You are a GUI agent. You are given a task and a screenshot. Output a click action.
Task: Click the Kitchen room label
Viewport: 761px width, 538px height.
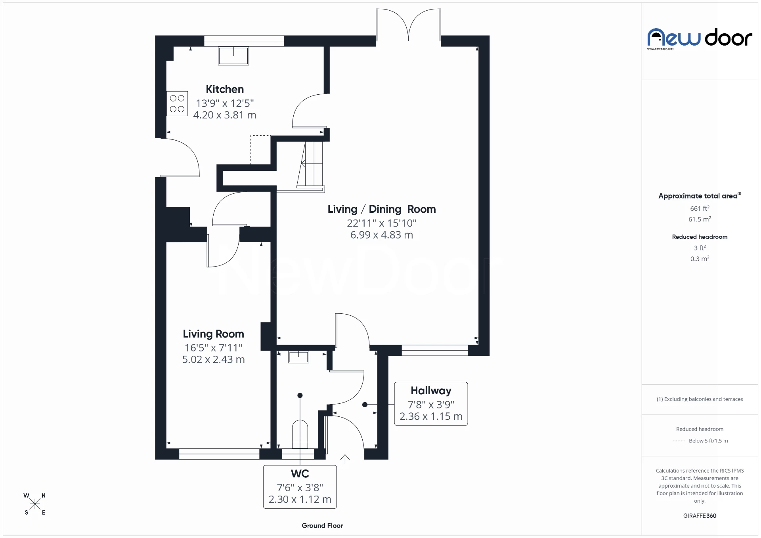(224, 89)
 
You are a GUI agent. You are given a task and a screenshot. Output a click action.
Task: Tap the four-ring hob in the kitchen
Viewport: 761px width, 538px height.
(177, 104)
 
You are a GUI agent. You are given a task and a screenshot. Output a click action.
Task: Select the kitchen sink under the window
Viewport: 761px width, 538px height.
(233, 56)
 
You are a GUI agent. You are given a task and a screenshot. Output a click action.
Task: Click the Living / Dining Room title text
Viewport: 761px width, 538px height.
(381, 209)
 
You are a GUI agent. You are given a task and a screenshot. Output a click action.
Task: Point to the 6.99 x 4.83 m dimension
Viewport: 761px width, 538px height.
(381, 235)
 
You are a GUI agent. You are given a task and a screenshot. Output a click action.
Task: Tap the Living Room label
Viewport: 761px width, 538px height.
(213, 334)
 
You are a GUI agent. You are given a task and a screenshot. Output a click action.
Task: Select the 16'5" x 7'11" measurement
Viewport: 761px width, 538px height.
(213, 348)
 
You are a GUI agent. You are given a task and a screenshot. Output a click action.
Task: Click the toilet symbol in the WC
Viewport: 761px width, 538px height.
(300, 433)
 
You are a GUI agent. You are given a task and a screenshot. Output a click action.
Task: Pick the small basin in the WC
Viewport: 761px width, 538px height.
(298, 357)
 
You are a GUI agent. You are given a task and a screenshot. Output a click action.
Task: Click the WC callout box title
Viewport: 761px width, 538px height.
(300, 474)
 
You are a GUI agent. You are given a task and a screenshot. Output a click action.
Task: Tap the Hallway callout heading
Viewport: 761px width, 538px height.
(431, 391)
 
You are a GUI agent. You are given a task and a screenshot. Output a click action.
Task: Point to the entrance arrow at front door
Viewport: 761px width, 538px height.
(345, 459)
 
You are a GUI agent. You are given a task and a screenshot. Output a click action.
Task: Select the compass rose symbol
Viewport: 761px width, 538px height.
(35, 504)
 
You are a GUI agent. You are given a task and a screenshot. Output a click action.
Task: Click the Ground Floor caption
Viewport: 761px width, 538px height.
(322, 525)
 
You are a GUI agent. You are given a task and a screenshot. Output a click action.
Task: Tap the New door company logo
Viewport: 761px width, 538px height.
(700, 38)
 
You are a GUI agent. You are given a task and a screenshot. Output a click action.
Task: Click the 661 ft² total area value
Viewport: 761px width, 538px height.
(700, 208)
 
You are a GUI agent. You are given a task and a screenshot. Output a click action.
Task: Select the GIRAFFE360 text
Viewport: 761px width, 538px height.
(700, 515)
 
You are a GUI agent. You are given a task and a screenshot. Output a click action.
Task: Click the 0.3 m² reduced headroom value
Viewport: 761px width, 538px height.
(700, 259)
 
